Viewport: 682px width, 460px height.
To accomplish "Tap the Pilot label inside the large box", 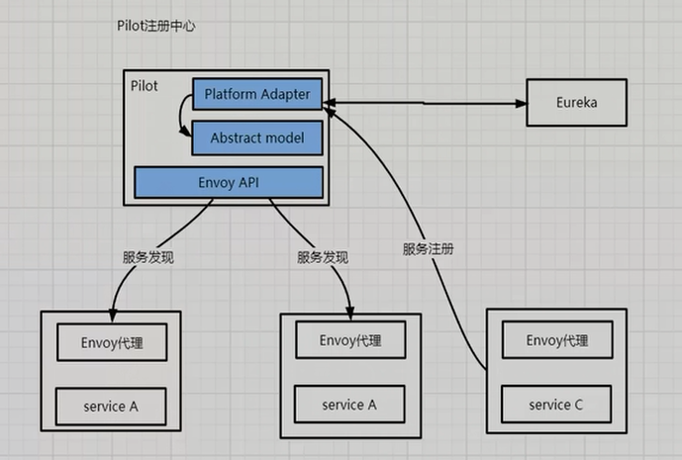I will tap(145, 86).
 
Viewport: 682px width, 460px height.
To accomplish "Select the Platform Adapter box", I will tap(256, 95).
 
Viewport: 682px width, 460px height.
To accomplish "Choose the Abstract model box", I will tap(256, 138).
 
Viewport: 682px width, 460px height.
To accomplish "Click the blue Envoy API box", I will tap(229, 181).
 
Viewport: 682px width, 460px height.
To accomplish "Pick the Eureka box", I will tap(576, 102).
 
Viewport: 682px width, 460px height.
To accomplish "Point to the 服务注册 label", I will tap(429, 249).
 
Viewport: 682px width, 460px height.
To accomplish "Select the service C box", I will tap(557, 405).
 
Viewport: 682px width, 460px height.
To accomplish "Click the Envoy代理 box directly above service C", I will tap(557, 341).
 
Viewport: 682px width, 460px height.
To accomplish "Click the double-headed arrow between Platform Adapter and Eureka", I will tap(426, 102).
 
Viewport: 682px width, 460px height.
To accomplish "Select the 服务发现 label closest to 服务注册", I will tap(323, 256).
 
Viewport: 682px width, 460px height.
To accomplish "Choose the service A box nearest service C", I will tap(349, 405).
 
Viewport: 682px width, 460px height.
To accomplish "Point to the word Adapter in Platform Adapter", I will tap(284, 95).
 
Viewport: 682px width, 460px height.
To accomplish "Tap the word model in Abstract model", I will tap(284, 138).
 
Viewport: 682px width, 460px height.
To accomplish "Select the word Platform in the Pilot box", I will tap(230, 95).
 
